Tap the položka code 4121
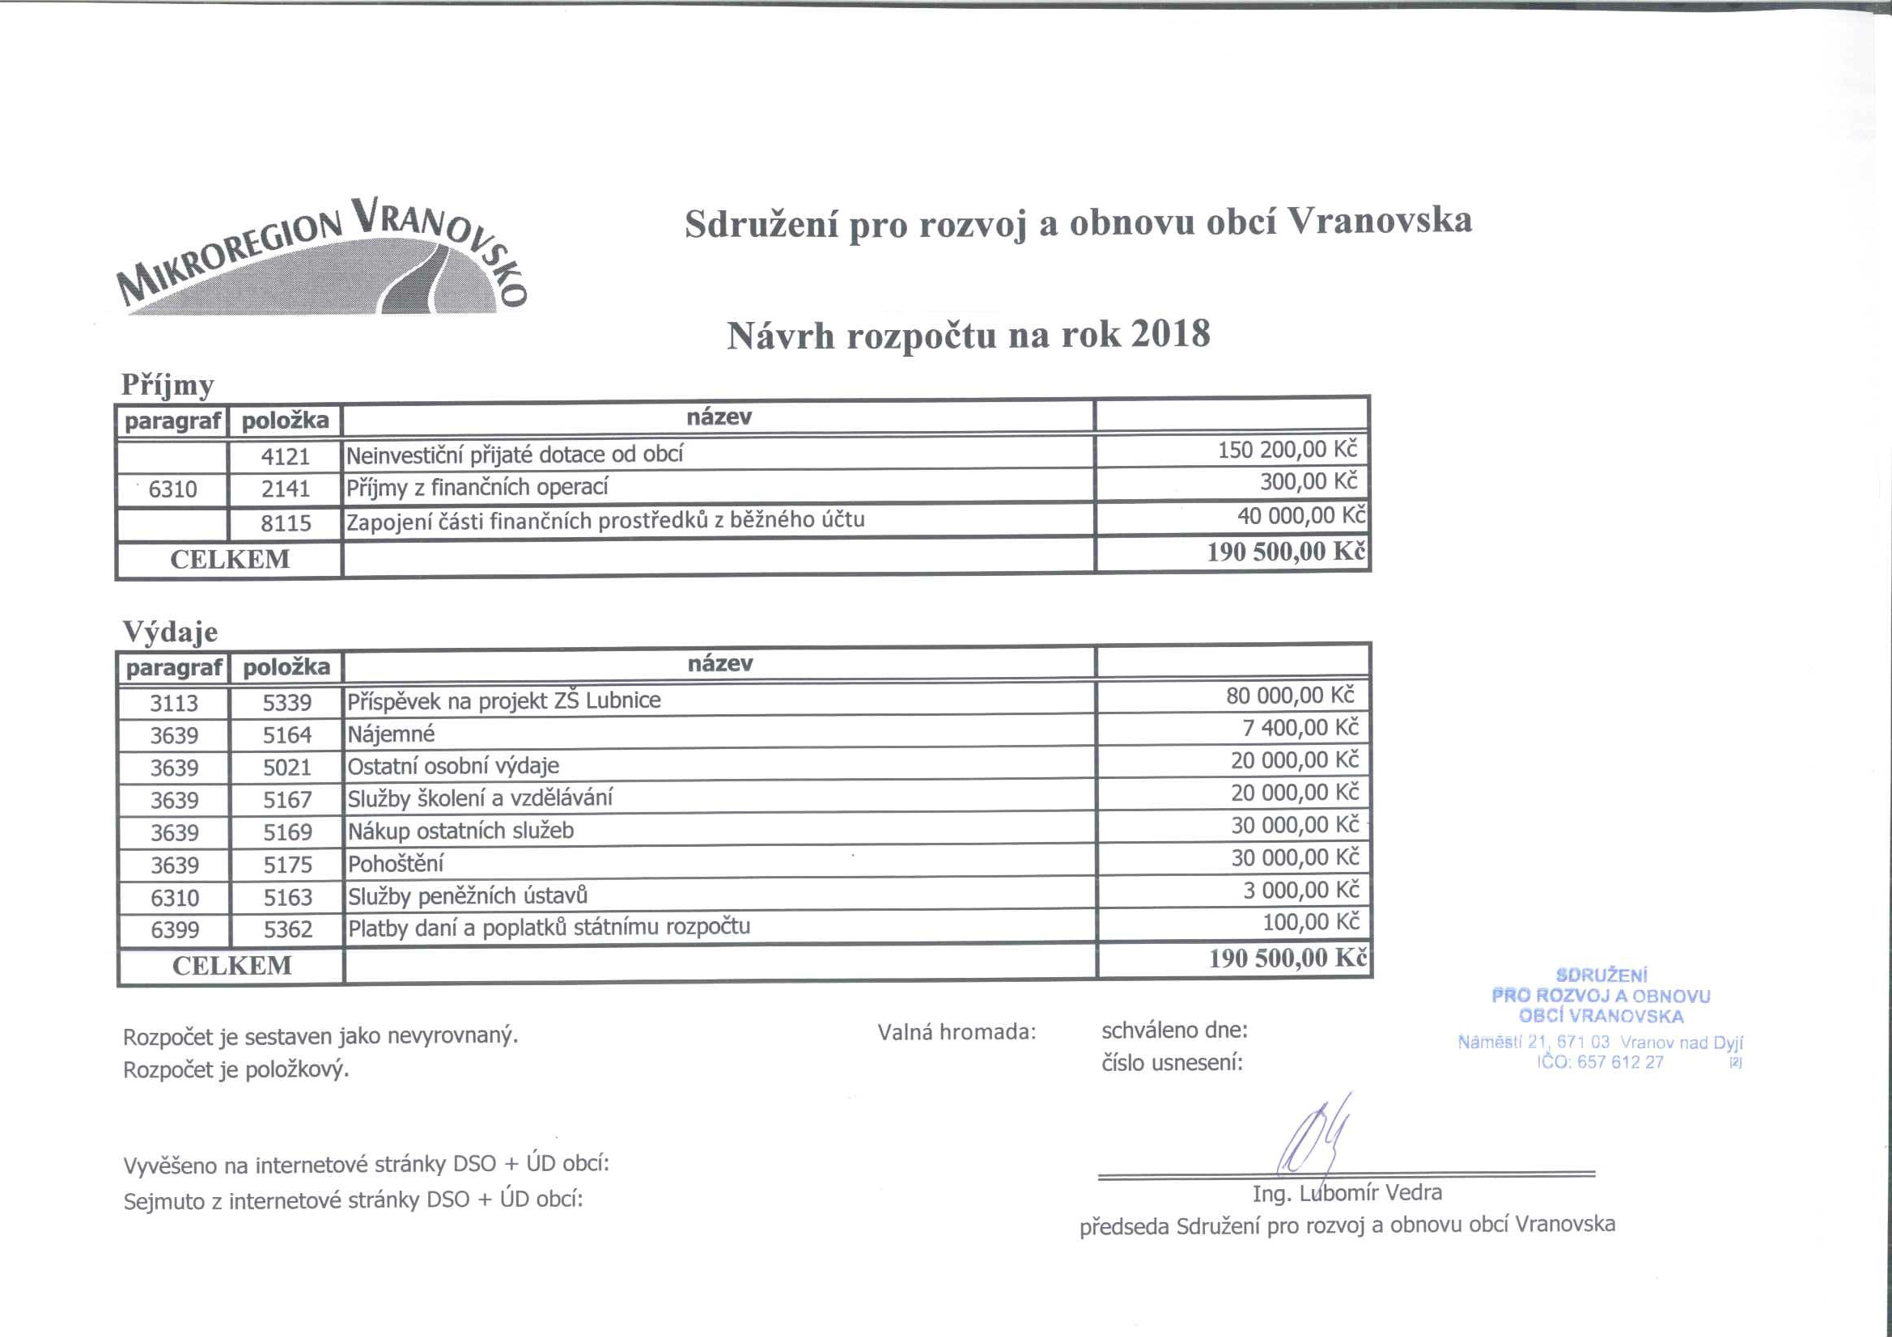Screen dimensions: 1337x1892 pyautogui.click(x=285, y=455)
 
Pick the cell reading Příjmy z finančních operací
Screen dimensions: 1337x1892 pyautogui.click(x=477, y=487)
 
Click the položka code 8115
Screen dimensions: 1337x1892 pyautogui.click(x=285, y=523)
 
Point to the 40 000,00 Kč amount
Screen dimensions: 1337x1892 pyautogui.click(x=1300, y=517)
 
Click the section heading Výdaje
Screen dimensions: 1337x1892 pyautogui.click(x=171, y=632)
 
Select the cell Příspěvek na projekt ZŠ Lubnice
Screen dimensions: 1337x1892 pyautogui.click(x=503, y=700)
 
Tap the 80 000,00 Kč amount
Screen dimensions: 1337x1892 pyautogui.click(x=1290, y=696)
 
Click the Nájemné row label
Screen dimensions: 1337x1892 pyautogui.click(x=391, y=733)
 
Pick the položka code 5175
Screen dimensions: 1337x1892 pyautogui.click(x=287, y=864)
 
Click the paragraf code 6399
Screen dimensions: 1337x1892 pyautogui.click(x=175, y=929)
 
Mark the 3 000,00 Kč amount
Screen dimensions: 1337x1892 pyautogui.click(x=1300, y=890)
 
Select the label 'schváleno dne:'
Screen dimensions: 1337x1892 pyautogui.click(x=1174, y=1030)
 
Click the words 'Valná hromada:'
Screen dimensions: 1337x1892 pyautogui.click(x=956, y=1031)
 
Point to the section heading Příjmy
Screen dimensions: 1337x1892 pyautogui.click(x=168, y=385)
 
